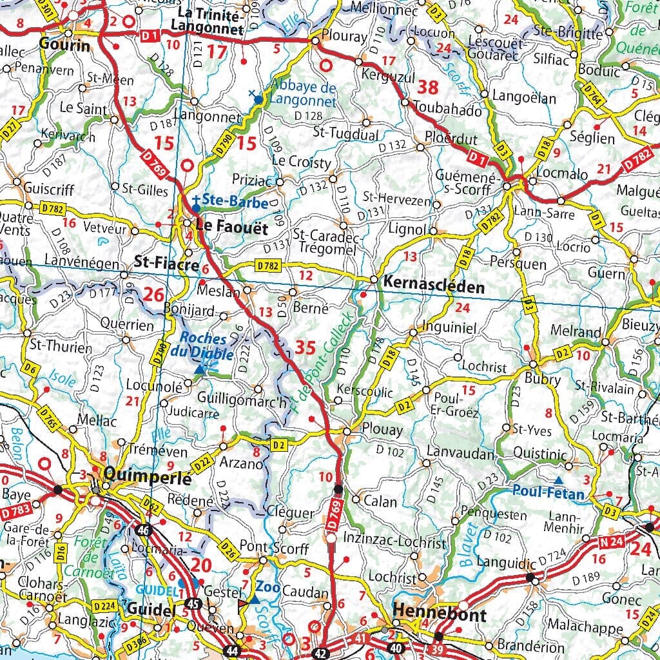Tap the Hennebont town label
(439, 613)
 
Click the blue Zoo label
(267, 587)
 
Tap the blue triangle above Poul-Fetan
(558, 480)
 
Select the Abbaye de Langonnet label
(303, 94)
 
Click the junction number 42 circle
(321, 652)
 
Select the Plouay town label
(383, 430)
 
